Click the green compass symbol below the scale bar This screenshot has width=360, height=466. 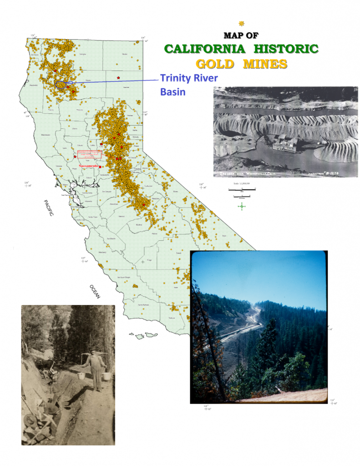pos(242,206)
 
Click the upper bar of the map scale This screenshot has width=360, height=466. pos(244,188)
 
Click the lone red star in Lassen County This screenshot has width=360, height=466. pos(118,78)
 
